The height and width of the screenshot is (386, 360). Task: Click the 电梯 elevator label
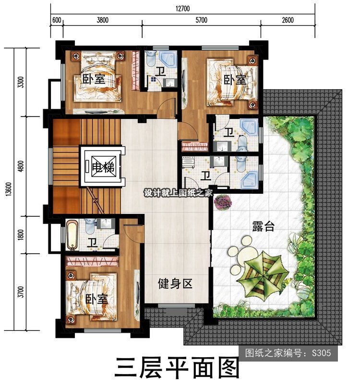(103, 167)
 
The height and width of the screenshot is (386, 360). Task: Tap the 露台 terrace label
(263, 226)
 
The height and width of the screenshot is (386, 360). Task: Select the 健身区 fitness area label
(175, 283)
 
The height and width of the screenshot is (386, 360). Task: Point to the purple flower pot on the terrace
(223, 201)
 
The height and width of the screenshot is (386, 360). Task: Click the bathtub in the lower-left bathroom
(72, 235)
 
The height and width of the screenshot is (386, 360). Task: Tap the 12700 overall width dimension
(182, 9)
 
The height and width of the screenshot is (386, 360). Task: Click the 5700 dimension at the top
(201, 20)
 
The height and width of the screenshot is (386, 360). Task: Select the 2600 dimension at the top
(288, 20)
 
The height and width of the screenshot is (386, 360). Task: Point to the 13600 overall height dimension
(9, 189)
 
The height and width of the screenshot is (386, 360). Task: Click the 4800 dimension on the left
(21, 166)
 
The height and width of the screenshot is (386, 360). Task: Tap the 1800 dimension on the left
(21, 235)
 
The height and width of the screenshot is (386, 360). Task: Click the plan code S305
(321, 353)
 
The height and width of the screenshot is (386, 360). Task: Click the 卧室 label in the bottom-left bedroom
(96, 299)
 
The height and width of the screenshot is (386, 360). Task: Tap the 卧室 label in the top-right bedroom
(235, 80)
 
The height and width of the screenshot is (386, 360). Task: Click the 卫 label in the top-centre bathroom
(160, 71)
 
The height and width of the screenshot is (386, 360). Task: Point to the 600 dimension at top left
(57, 20)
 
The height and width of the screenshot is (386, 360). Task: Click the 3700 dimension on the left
(21, 292)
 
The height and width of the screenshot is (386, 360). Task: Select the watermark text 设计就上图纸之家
(178, 193)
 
